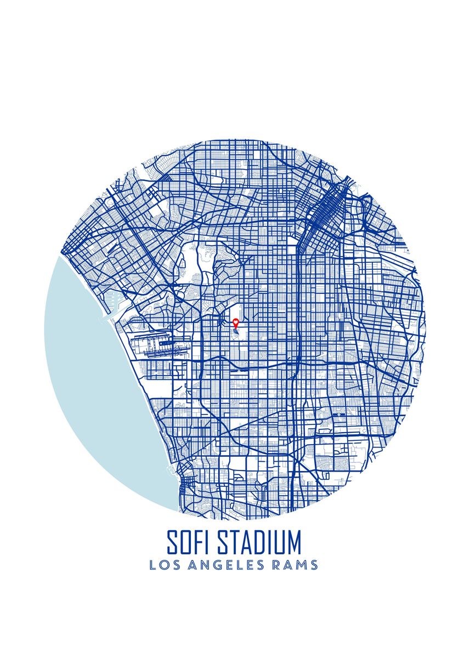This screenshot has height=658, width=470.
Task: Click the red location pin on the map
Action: (236, 323)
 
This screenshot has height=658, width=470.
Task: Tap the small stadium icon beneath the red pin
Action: (236, 331)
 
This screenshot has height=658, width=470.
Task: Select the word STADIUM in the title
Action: (259, 542)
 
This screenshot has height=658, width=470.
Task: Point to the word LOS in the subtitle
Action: (163, 565)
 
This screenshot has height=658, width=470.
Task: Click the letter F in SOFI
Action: (201, 542)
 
